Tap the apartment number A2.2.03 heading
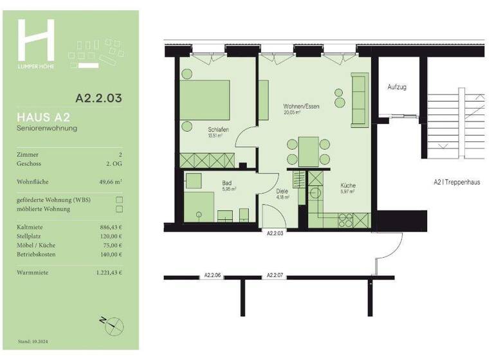click(98, 99)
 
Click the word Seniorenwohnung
click(47, 129)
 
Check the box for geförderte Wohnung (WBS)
click(118, 200)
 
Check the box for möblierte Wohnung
click(118, 209)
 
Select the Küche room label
click(347, 186)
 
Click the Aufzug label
click(397, 87)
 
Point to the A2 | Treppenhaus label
click(457, 182)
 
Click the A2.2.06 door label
click(212, 275)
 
